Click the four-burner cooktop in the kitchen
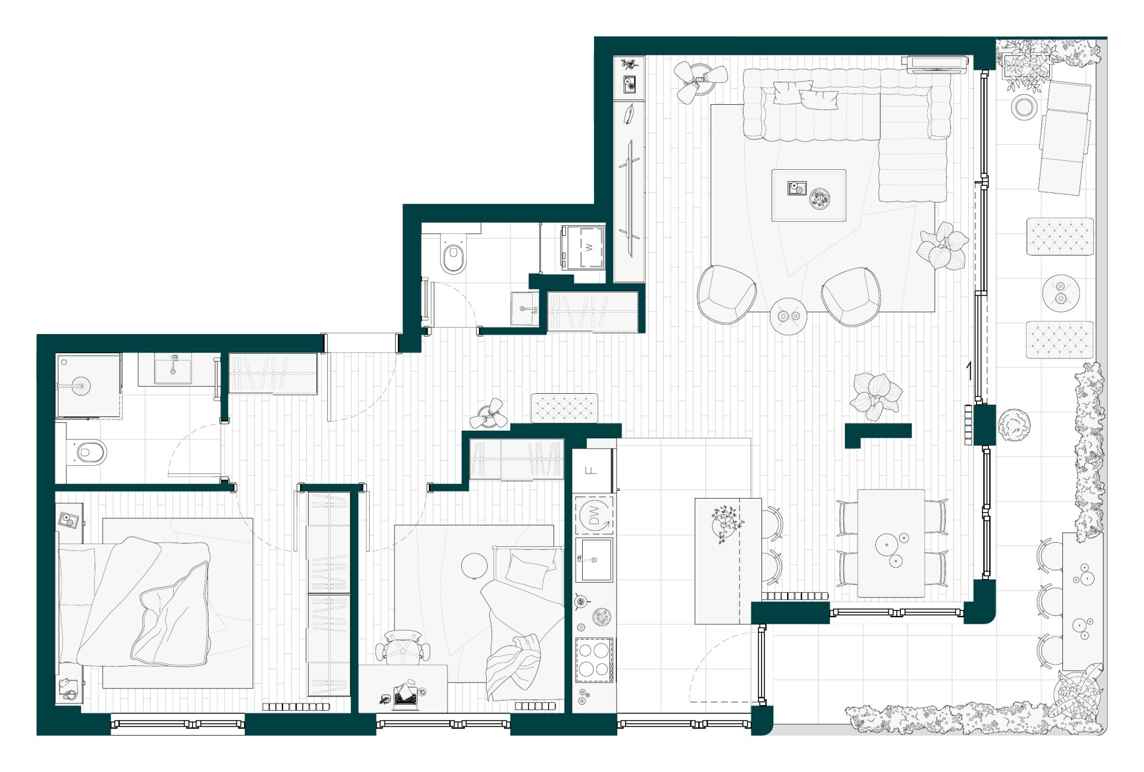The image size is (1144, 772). click(595, 660)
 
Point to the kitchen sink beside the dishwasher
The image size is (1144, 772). click(595, 559)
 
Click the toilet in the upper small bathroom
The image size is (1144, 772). click(453, 253)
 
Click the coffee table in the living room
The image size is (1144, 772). click(809, 195)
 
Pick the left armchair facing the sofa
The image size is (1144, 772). click(726, 295)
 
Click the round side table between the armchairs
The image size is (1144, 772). click(788, 316)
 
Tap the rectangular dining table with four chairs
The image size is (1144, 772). click(891, 543)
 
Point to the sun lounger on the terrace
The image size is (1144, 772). click(1065, 137)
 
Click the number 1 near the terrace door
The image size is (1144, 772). click(969, 371)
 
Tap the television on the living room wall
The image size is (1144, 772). click(935, 64)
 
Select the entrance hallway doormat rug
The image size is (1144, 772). click(564, 408)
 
